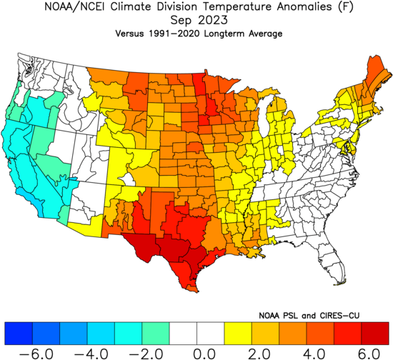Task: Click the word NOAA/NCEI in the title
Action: (x=76, y=6)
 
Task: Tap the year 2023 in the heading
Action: (x=213, y=20)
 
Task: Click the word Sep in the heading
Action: (x=181, y=21)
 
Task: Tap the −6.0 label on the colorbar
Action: (x=36, y=354)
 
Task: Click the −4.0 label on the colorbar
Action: (x=91, y=354)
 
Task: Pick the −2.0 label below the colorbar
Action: (x=146, y=354)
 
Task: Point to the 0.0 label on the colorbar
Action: (x=204, y=354)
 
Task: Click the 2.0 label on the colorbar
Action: (x=259, y=354)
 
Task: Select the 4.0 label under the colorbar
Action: (x=314, y=354)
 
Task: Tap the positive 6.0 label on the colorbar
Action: (x=369, y=354)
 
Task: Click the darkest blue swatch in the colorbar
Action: (x=19, y=334)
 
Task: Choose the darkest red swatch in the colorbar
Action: (x=375, y=334)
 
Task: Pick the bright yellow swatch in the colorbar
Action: (x=238, y=334)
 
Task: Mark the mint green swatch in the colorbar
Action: (x=156, y=334)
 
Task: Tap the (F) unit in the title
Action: (x=346, y=6)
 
